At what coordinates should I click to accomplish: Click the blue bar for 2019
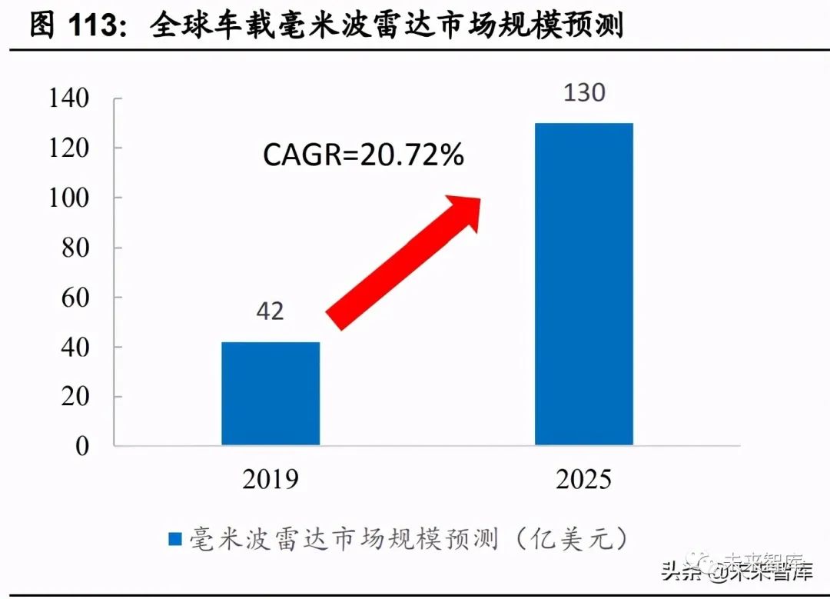tap(271, 394)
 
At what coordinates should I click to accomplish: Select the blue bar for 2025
tap(584, 284)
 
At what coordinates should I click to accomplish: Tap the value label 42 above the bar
tap(270, 311)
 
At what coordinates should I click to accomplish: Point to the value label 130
tap(584, 93)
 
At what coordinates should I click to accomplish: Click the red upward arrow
tap(403, 261)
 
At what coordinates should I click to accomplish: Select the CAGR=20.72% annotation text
tap(364, 155)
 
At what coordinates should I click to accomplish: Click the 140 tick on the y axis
tap(69, 98)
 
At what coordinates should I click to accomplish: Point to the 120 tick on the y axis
tap(69, 148)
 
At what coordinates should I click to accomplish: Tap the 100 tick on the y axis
tap(69, 198)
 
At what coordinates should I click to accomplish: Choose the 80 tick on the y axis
tap(76, 248)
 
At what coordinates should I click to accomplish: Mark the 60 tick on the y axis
tap(76, 298)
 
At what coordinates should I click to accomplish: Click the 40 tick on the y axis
tap(76, 348)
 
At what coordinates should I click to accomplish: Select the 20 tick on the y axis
tap(76, 397)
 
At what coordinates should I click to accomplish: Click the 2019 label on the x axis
tap(271, 480)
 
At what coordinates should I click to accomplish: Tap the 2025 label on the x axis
tap(584, 480)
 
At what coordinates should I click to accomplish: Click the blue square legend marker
tap(174, 538)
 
